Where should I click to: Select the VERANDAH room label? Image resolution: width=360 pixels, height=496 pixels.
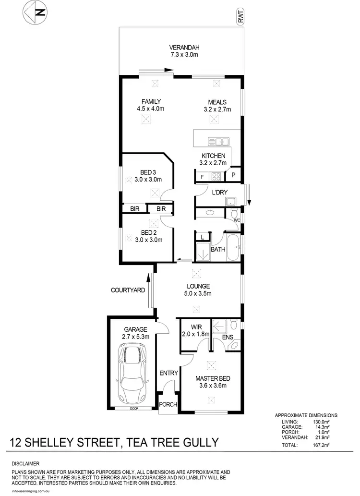184,48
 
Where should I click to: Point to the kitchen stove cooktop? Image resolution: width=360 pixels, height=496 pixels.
216,176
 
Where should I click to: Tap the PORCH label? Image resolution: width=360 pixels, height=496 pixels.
168,405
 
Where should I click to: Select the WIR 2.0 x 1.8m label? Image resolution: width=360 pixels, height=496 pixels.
194,331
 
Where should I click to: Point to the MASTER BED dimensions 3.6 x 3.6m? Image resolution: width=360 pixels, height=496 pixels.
211,385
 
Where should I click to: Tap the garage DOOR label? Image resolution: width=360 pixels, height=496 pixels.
133,409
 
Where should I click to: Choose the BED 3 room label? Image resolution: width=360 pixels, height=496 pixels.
148,172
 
